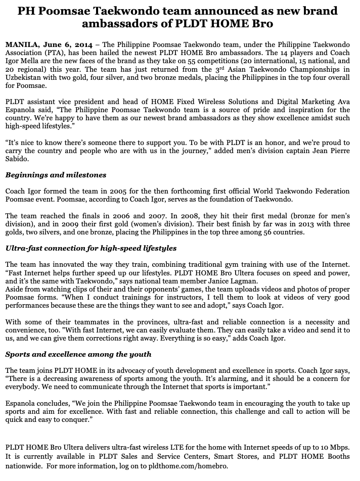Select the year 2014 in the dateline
pos(82,45)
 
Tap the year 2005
pos(113,191)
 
